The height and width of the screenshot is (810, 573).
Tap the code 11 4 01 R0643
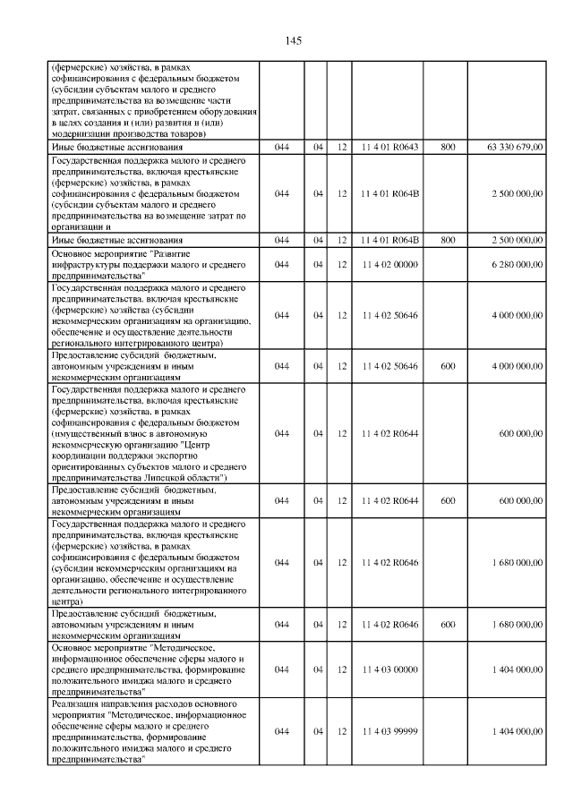[x=389, y=145]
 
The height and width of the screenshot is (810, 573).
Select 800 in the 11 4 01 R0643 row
[x=448, y=145]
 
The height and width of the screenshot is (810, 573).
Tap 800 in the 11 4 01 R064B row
[x=448, y=240]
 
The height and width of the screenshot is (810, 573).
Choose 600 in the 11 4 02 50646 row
[x=448, y=366]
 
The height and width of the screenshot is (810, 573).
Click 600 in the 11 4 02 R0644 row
[x=448, y=500]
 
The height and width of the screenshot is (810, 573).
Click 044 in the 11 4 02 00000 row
[x=282, y=265]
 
